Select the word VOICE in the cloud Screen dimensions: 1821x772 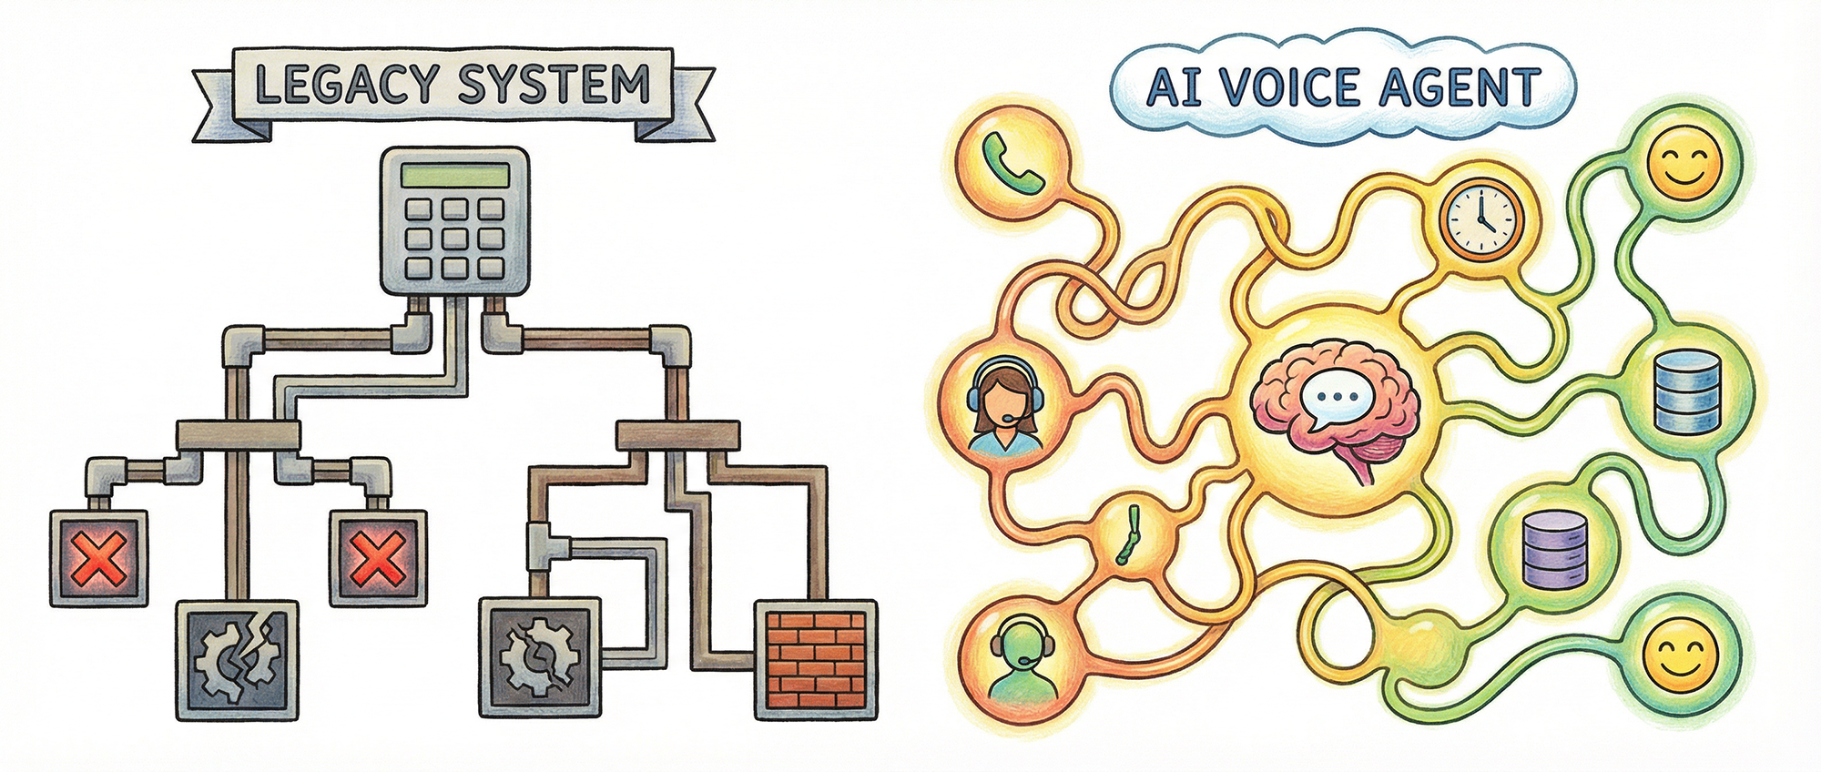tap(1278, 88)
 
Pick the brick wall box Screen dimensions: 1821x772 tap(816, 657)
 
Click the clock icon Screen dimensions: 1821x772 tap(1481, 219)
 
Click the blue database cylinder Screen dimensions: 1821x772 tap(1687, 392)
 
